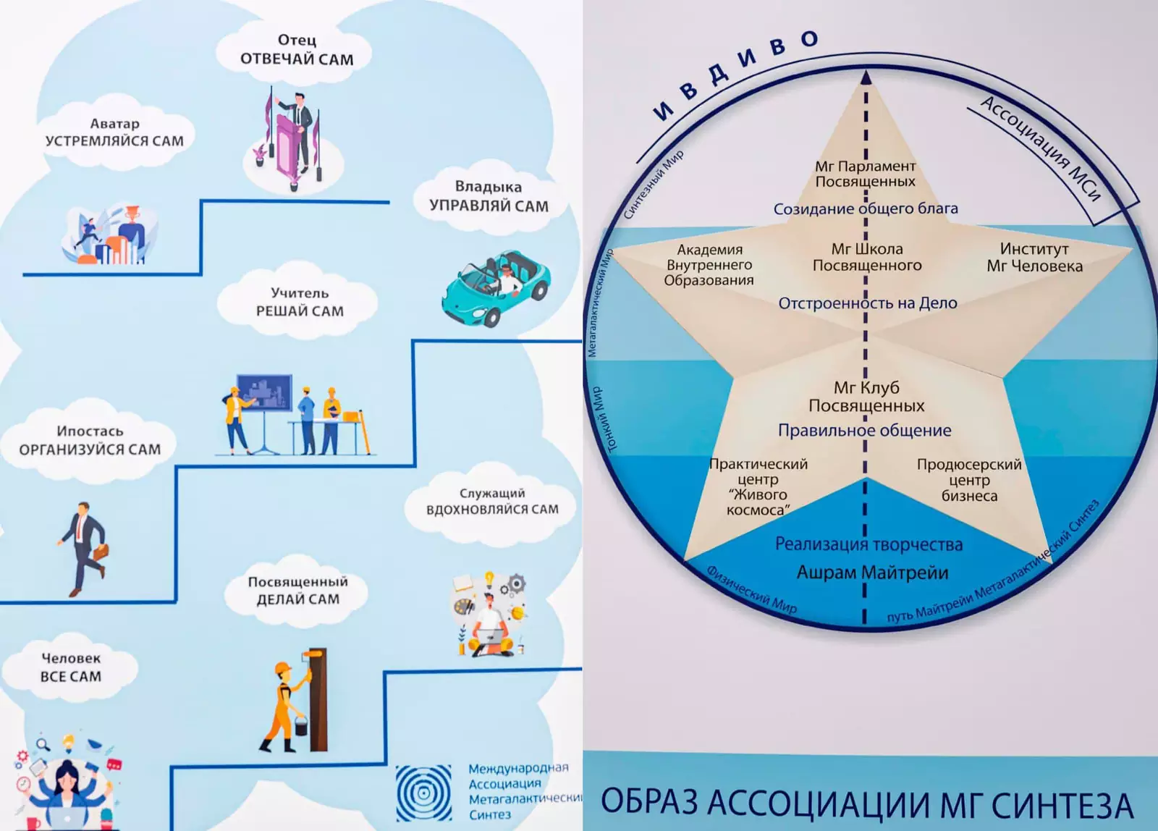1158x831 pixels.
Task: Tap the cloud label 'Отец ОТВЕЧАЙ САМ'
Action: (297, 50)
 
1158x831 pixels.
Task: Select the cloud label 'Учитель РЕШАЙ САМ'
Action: (300, 302)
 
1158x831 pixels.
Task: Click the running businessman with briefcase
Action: (84, 548)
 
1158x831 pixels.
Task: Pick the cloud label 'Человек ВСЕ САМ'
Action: (71, 667)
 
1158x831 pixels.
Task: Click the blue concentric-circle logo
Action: (424, 793)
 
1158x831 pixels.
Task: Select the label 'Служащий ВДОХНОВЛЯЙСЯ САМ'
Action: (492, 502)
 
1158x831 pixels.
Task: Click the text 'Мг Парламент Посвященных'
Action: (866, 174)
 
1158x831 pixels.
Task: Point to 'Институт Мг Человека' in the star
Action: (1034, 258)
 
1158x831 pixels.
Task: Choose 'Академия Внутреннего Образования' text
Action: (709, 265)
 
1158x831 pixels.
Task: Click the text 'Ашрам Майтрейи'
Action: (872, 573)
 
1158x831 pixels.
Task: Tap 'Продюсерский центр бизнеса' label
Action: (969, 480)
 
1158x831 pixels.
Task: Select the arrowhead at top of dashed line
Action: (866, 77)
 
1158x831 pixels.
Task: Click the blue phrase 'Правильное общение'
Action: (864, 431)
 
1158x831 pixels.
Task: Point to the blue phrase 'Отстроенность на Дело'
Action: (867, 303)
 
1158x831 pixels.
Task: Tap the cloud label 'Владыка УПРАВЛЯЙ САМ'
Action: (489, 197)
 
